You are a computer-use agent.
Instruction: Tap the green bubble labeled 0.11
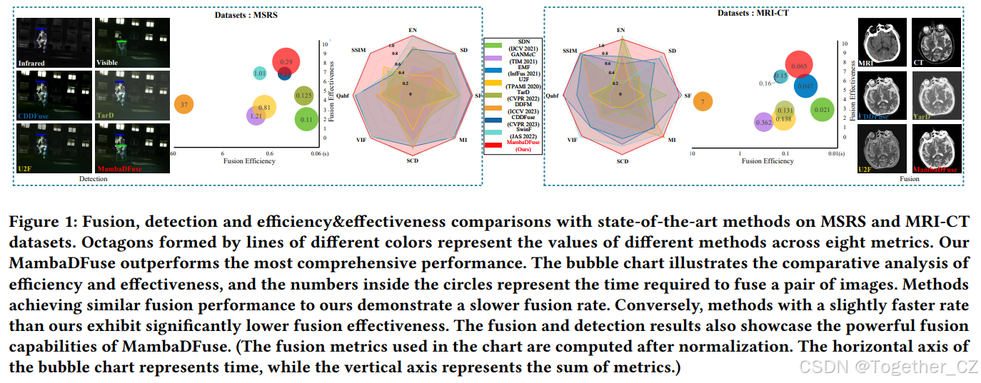306,119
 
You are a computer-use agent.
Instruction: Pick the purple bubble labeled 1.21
256,116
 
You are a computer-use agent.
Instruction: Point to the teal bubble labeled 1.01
261,73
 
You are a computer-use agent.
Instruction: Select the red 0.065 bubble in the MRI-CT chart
800,66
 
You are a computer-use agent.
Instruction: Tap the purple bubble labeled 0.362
763,123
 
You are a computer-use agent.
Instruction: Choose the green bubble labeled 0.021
821,109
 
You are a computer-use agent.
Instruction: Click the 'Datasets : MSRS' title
246,14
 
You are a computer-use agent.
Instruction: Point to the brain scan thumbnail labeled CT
927,42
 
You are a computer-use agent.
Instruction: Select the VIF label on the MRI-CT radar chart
572,141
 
